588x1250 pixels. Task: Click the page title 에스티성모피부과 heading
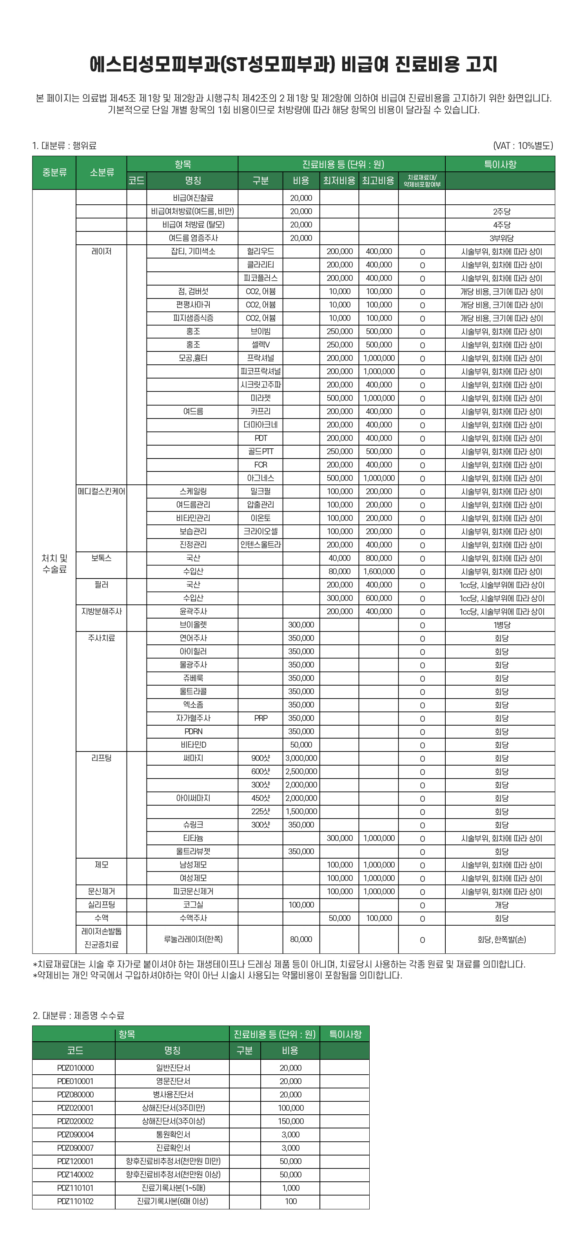(x=294, y=65)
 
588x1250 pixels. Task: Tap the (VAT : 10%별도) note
(x=523, y=146)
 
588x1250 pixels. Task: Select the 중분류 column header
(x=54, y=172)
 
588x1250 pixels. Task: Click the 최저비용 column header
(x=339, y=180)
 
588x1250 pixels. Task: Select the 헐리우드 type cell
(x=261, y=251)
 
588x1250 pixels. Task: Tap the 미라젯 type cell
(x=261, y=398)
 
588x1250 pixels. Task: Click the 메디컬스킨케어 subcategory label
(x=102, y=491)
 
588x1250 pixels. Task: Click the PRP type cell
(x=261, y=718)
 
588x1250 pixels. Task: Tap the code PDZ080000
(x=75, y=1094)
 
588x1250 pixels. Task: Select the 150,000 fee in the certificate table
(x=290, y=1121)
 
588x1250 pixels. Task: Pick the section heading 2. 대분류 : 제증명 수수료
(x=78, y=1015)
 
